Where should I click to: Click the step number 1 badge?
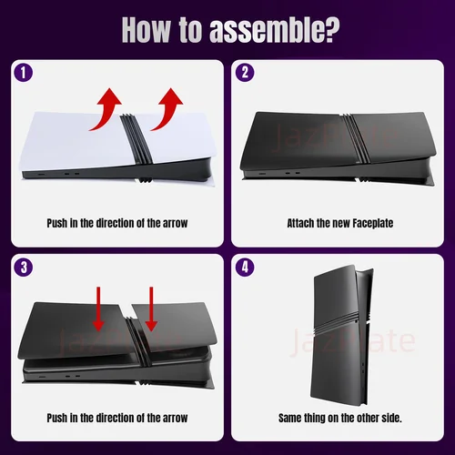coord(24,73)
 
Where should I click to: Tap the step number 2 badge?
coord(245,73)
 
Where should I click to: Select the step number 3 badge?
coord(24,267)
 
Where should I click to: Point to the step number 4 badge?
coord(245,267)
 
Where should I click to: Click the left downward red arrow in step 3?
coord(98,308)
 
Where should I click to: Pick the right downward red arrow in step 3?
coord(151,308)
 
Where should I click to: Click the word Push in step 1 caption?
coord(57,224)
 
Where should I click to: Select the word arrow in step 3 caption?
coord(176,419)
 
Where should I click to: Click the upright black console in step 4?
coord(340,334)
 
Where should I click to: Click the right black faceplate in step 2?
coord(394,137)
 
